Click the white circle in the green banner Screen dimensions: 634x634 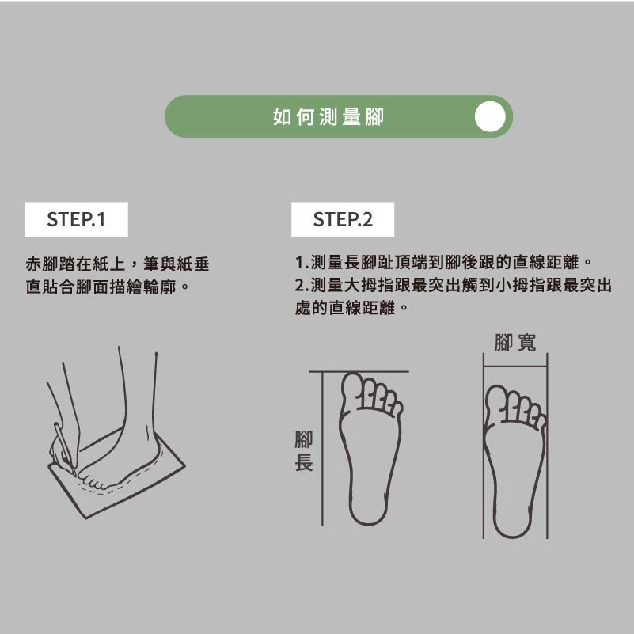490,116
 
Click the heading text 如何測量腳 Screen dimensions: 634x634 328,117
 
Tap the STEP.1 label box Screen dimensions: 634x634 77,219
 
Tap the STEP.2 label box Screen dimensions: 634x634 343,219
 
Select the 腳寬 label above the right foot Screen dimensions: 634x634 514,343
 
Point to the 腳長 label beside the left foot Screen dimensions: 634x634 304,451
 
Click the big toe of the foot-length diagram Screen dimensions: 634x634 351,388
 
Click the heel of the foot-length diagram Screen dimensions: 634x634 368,511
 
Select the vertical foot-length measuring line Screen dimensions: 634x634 322,449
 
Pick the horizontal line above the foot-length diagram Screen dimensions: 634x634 359,371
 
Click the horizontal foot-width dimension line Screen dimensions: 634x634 515,366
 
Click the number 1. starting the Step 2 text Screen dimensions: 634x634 302,263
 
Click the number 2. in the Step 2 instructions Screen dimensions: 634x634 302,286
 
